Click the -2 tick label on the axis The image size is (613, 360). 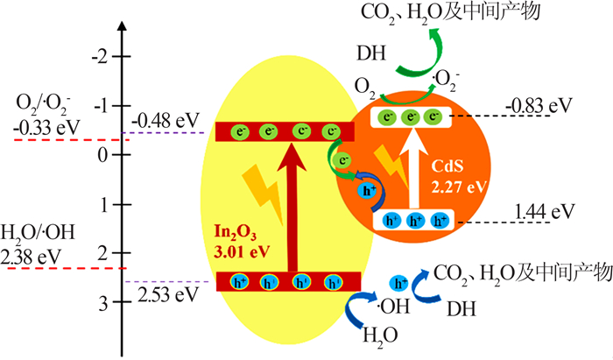(x=99, y=58)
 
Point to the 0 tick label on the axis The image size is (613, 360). (x=102, y=156)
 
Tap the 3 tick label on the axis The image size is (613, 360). (x=102, y=303)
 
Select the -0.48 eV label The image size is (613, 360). (x=166, y=120)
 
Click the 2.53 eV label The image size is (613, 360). (x=168, y=294)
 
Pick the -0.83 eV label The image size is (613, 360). (x=539, y=105)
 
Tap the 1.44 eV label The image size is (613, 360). (x=545, y=211)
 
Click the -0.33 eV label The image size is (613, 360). (x=46, y=127)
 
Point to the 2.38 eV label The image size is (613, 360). (x=31, y=257)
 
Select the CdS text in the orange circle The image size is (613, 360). (x=447, y=166)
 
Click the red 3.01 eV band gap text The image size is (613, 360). (x=242, y=251)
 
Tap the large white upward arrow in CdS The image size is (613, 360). (x=413, y=167)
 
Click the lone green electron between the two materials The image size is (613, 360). (x=342, y=160)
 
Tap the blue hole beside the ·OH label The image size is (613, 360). (x=399, y=283)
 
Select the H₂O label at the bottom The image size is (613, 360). (x=380, y=335)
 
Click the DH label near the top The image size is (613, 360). (x=371, y=53)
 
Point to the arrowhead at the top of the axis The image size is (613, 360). (x=123, y=22)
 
